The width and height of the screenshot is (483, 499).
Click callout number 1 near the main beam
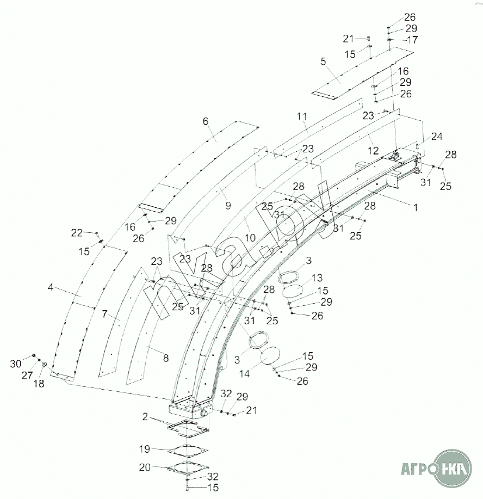[x=416, y=207]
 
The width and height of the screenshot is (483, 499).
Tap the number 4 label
[x=51, y=287]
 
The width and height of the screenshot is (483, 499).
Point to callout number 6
[x=206, y=121]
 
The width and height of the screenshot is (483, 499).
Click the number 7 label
[x=105, y=314]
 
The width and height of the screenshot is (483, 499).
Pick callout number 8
[x=166, y=358]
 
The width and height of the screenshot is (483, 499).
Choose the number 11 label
[x=302, y=116]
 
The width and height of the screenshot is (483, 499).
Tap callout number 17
[x=412, y=40]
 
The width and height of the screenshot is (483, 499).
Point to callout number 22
[x=77, y=233]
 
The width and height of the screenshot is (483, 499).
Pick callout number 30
[x=16, y=363]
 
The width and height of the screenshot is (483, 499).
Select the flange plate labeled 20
[x=188, y=467]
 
